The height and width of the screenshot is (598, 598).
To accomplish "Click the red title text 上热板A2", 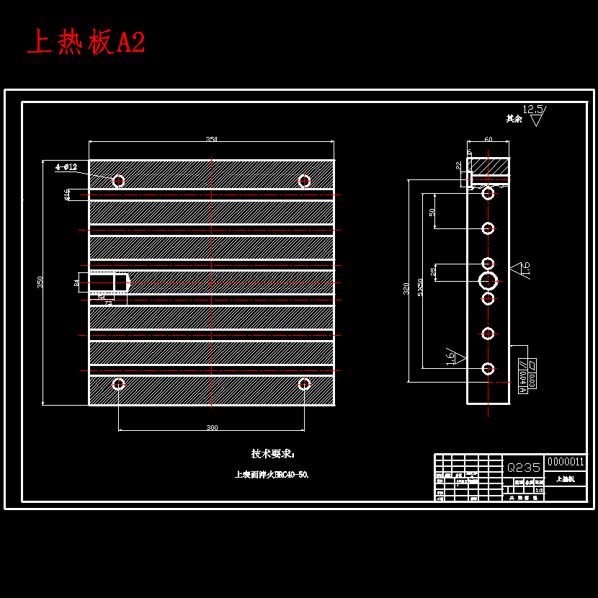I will [86, 43].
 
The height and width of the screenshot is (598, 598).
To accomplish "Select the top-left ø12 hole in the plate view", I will [119, 181].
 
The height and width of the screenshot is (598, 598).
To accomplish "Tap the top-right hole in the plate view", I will [304, 181].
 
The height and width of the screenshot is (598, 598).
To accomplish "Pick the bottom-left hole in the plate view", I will [119, 384].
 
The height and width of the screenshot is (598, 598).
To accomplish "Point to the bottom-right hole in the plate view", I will [304, 384].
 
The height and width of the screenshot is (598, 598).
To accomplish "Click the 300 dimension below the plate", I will [212, 428].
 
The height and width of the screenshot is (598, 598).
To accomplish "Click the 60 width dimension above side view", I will [488, 140].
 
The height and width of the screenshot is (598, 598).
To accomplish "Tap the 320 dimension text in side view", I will [406, 288].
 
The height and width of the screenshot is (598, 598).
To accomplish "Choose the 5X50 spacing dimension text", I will [420, 288].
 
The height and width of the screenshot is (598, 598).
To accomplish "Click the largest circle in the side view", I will [488, 280].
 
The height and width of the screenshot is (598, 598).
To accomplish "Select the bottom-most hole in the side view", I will [488, 369].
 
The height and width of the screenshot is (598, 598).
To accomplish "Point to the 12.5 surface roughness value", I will [532, 110].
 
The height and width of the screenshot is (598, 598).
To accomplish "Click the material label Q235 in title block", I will [524, 467].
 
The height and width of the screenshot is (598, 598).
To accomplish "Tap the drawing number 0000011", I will [566, 462].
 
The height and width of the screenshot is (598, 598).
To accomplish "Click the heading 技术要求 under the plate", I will [272, 454].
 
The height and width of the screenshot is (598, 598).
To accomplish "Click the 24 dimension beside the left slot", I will [77, 283].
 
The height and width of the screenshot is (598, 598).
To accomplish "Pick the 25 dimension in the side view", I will [433, 272].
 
